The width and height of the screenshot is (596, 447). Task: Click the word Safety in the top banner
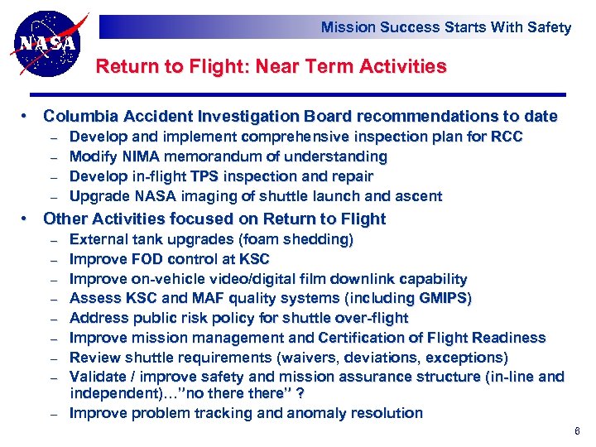[x=549, y=27]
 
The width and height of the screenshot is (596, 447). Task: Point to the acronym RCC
[x=507, y=137]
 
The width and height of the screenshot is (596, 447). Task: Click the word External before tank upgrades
[x=99, y=239]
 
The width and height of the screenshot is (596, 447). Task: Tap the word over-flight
[x=368, y=318]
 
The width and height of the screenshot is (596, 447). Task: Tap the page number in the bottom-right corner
[x=577, y=432]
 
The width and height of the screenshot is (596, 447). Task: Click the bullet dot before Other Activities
[x=26, y=219]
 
